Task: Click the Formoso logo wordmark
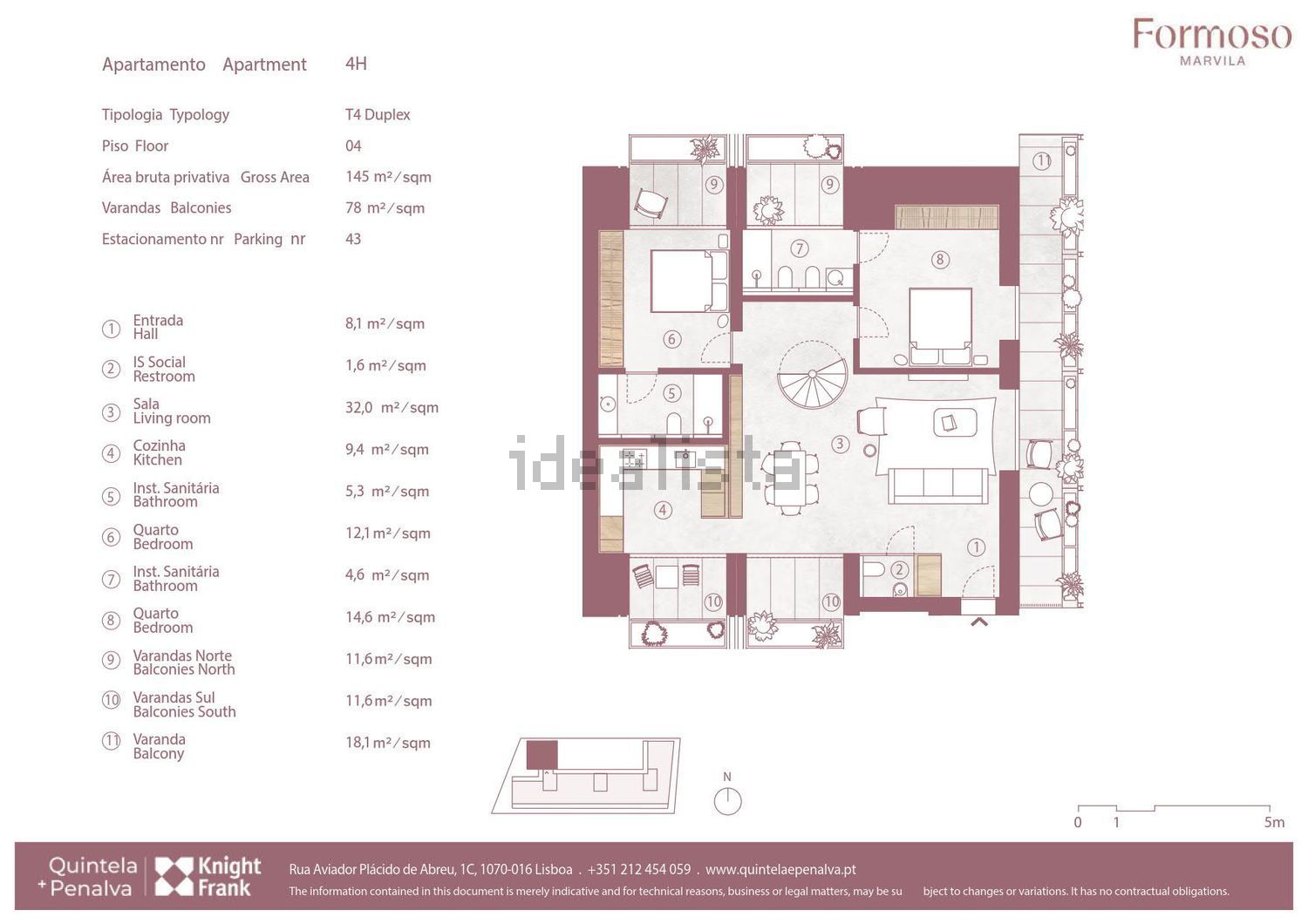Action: click(x=1212, y=35)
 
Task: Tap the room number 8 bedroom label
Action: click(x=939, y=260)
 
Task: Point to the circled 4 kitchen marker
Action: click(x=662, y=511)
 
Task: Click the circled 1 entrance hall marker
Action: click(x=977, y=547)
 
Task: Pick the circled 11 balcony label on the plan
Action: click(x=1042, y=160)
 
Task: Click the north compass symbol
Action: click(x=727, y=797)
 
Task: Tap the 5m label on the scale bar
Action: click(x=1274, y=822)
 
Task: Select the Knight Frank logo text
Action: click(x=229, y=876)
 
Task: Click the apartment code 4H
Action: click(x=356, y=63)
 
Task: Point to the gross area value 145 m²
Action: click(x=388, y=176)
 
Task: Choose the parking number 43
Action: click(x=353, y=239)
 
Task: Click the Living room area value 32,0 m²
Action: click(x=392, y=407)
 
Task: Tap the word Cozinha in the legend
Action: click(x=160, y=445)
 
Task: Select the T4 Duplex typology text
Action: click(x=378, y=114)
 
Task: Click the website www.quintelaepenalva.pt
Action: click(x=780, y=870)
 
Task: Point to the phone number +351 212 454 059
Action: click(x=639, y=870)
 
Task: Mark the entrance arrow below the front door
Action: click(x=979, y=622)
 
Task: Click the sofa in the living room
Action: click(x=939, y=486)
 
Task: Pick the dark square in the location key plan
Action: click(x=542, y=755)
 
